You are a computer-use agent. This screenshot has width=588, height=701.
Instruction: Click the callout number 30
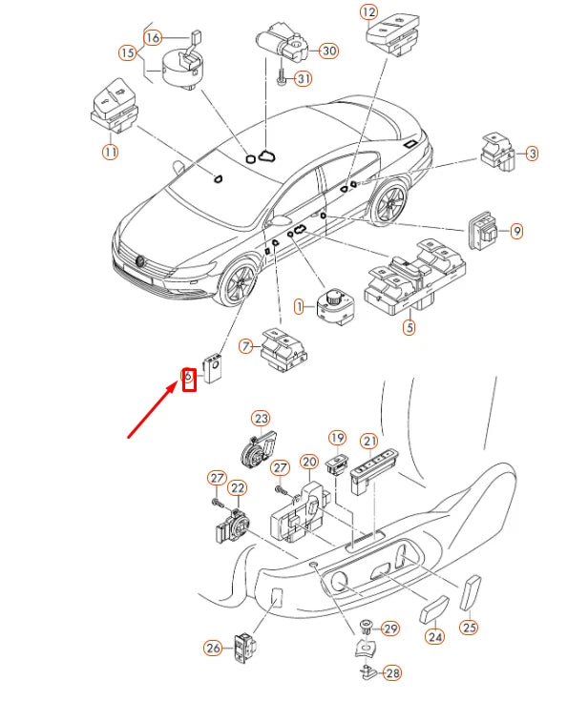click(328, 51)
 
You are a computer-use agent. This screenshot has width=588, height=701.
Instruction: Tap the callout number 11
click(111, 152)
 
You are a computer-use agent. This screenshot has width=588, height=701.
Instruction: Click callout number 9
click(516, 231)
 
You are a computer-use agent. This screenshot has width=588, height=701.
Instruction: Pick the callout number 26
click(213, 648)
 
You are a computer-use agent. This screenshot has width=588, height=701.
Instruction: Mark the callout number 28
click(391, 673)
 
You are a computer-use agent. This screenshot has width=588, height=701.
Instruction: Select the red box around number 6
click(188, 380)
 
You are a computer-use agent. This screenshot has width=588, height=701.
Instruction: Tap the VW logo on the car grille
click(140, 259)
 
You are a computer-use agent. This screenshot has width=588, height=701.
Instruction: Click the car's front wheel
click(235, 283)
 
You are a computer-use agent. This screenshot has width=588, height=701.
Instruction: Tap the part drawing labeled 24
click(434, 609)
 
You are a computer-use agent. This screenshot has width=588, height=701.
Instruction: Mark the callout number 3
click(532, 153)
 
